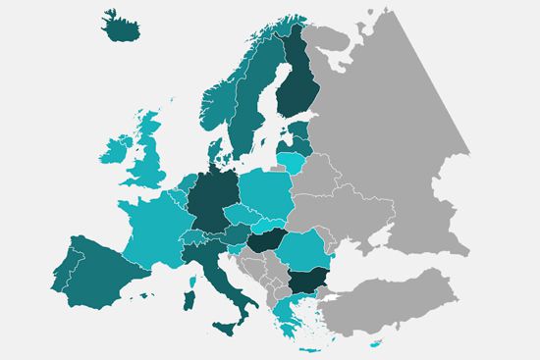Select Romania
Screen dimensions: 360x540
click(x=303, y=250)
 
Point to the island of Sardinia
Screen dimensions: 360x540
click(x=189, y=293)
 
